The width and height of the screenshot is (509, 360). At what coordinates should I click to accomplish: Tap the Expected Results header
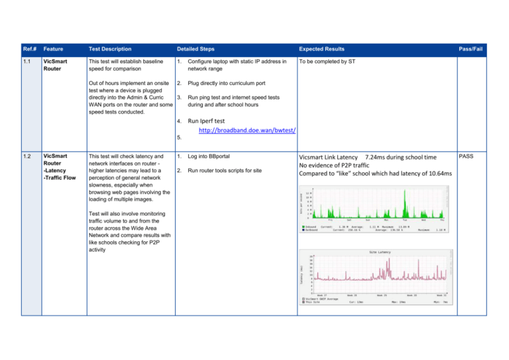click(321, 49)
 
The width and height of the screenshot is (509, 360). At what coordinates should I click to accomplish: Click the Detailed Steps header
click(197, 49)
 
